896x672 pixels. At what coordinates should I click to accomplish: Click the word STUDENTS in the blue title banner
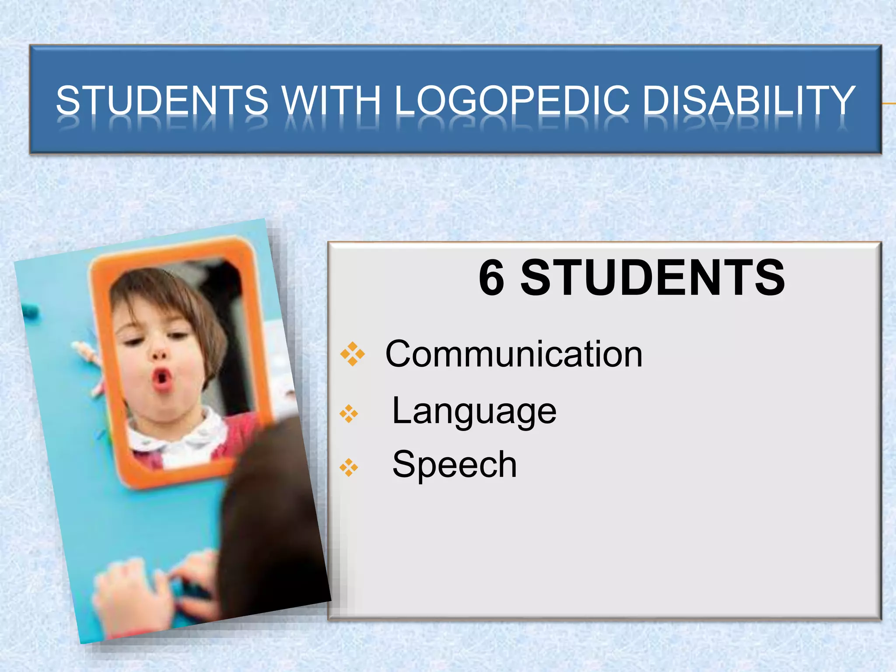coord(162,100)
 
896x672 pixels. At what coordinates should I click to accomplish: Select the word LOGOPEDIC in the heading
coord(512,100)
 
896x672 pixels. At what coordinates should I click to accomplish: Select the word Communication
coord(514,354)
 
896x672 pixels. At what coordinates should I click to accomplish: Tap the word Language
coord(474,411)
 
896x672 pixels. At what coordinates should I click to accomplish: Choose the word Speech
coord(455,465)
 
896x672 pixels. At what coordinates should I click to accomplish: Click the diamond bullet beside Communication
coord(352,354)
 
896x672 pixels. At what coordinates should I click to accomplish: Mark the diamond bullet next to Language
coord(349,413)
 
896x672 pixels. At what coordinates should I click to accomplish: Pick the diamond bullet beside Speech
coord(349,467)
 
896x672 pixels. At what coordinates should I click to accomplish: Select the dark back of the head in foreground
coord(271,503)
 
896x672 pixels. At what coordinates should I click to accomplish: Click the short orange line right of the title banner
coord(889,104)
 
